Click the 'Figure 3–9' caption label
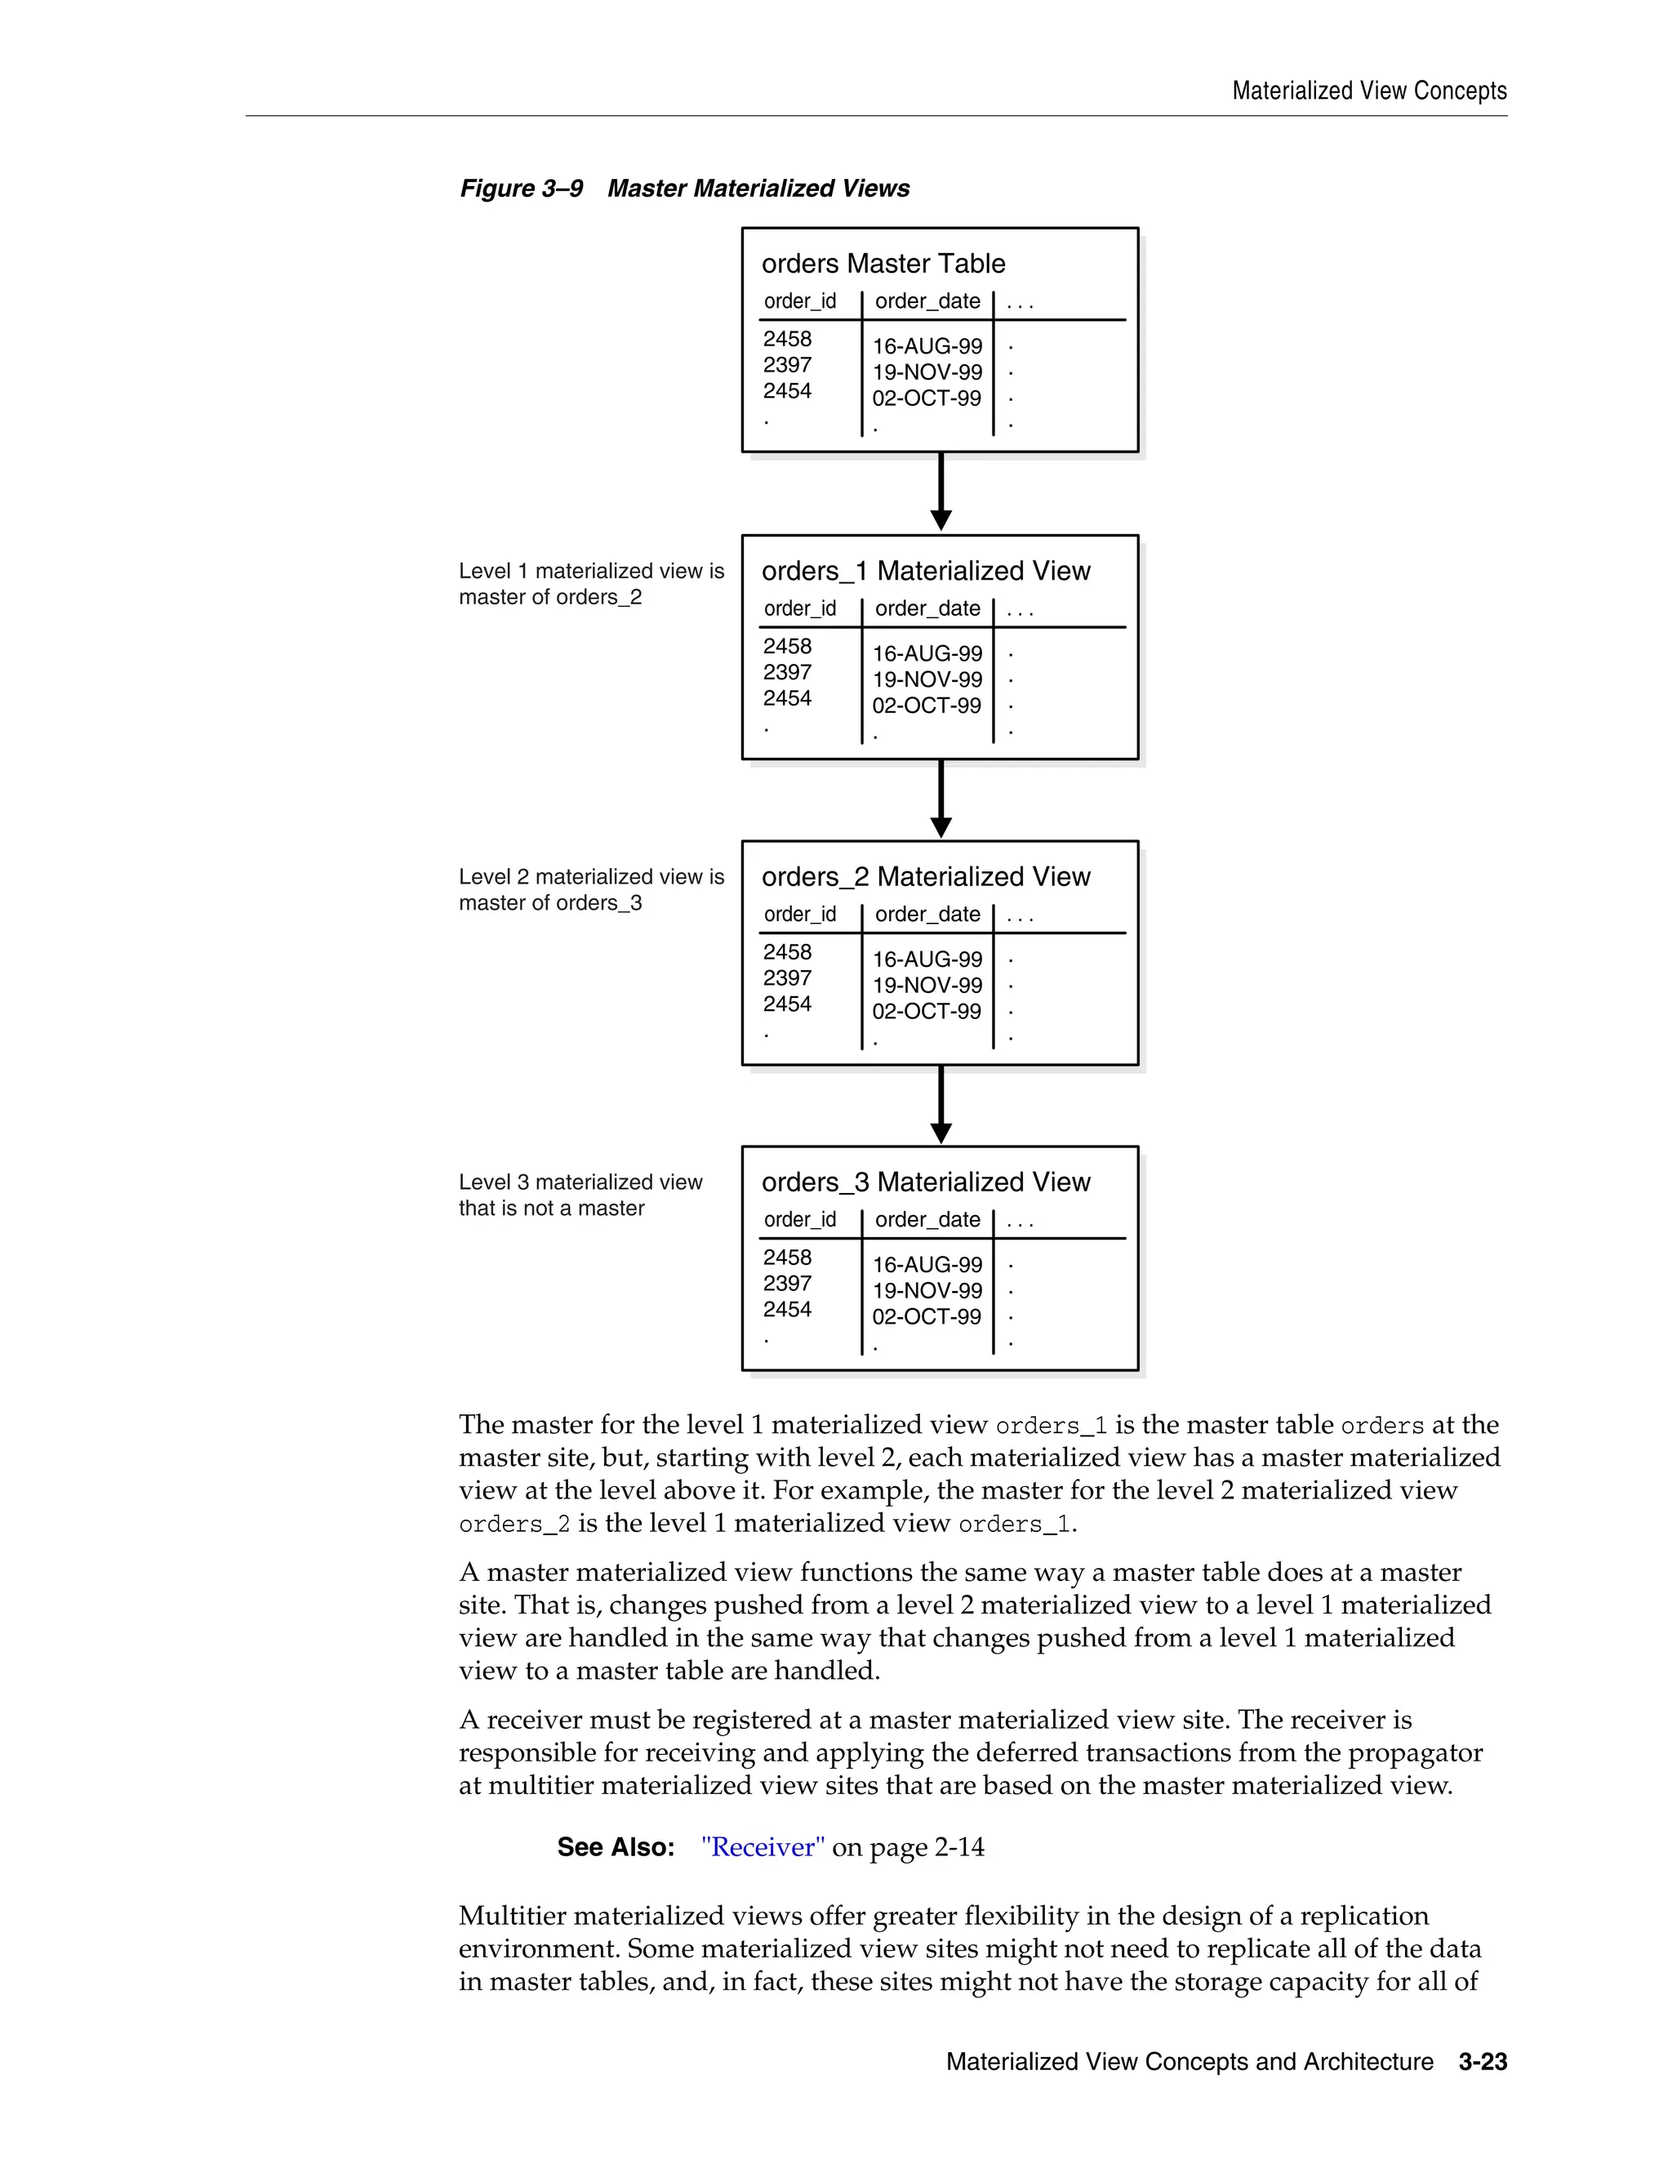(x=521, y=189)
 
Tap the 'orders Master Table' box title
(x=883, y=264)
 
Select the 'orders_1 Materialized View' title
(x=925, y=571)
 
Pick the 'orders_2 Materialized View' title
(x=925, y=877)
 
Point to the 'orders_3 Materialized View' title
(x=925, y=1182)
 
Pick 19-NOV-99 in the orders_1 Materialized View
(x=927, y=679)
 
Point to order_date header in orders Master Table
(x=927, y=301)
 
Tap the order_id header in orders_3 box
(x=799, y=1220)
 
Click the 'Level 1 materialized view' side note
(x=590, y=572)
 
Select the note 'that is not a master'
(x=551, y=1209)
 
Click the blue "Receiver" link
(x=762, y=1848)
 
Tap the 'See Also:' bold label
(x=615, y=1848)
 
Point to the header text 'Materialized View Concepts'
(x=1369, y=91)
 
